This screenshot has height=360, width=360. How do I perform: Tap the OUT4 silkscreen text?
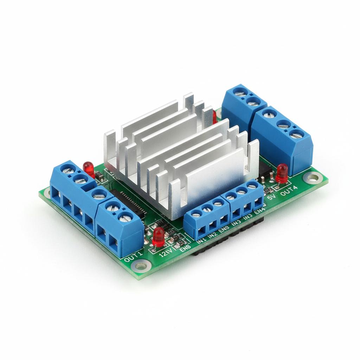289,193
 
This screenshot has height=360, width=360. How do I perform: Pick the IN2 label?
212,235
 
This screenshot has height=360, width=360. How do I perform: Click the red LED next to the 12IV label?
159,236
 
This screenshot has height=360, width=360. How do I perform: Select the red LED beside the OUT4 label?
282,173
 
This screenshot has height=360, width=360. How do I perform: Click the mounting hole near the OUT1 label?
141,266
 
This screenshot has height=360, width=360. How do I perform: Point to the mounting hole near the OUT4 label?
311,177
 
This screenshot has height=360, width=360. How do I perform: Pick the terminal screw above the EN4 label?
251,185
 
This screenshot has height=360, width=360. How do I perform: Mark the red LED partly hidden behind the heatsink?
214,116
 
